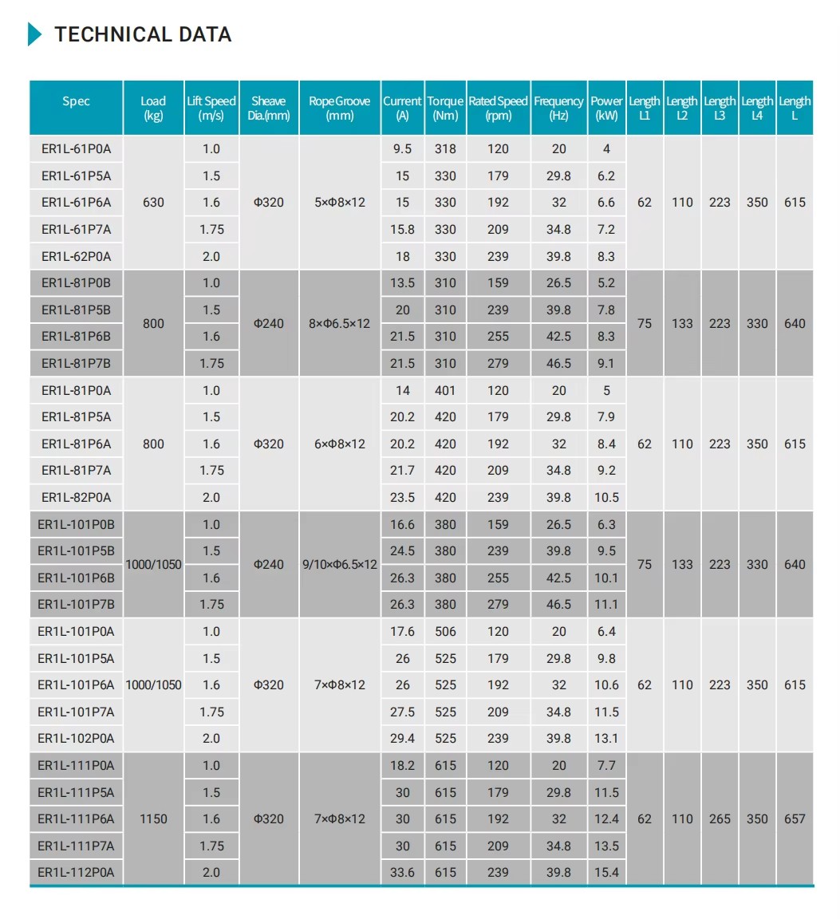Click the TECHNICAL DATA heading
point(143,34)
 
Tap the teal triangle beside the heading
point(34,34)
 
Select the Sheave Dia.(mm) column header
point(269,108)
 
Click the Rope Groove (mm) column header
point(340,108)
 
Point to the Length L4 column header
point(757,108)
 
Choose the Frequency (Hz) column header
point(558,108)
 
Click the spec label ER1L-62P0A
point(77,256)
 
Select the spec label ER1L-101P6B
point(77,578)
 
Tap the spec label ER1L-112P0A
point(77,872)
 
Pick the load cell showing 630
point(153,203)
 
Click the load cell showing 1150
point(153,818)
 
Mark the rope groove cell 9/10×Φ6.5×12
point(340,564)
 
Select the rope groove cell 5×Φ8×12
point(340,203)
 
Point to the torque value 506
point(445,631)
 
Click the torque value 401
point(445,390)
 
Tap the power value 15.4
point(606,872)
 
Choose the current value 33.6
point(403,872)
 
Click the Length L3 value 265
point(720,818)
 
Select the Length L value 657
point(795,818)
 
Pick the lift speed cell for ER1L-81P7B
point(211,363)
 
